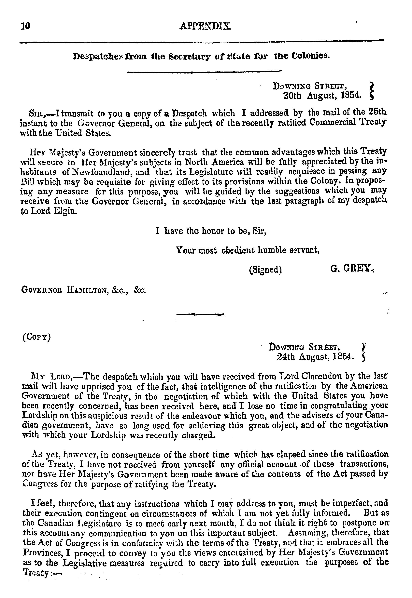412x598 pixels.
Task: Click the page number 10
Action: (x=26, y=26)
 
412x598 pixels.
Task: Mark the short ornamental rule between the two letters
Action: (x=200, y=314)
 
